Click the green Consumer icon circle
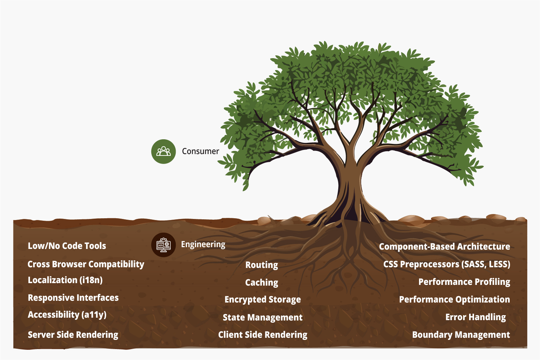click(163, 152)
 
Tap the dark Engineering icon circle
click(163, 245)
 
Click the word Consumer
click(200, 151)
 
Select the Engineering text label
click(203, 245)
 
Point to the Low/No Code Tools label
click(67, 246)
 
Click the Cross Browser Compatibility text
click(86, 264)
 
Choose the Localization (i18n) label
click(65, 280)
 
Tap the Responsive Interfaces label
click(73, 298)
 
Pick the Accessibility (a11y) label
click(67, 315)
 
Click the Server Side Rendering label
click(73, 335)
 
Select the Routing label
click(262, 265)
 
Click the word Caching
click(262, 282)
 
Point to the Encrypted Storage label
click(263, 299)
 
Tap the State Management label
click(263, 317)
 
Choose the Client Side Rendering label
click(263, 335)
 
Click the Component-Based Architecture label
click(444, 246)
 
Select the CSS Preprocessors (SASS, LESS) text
click(447, 264)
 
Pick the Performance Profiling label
click(464, 282)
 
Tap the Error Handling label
click(475, 317)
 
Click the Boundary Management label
click(461, 335)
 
